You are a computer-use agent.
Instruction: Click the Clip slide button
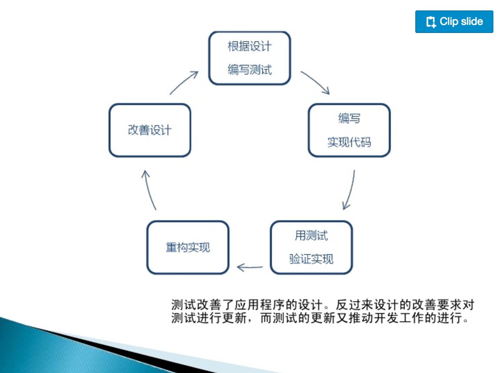pyautogui.click(x=454, y=21)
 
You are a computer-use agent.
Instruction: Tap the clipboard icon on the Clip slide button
pyautogui.click(x=431, y=22)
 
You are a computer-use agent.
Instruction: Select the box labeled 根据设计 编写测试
pyautogui.click(x=249, y=58)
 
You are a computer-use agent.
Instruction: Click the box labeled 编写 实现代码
pyautogui.click(x=349, y=130)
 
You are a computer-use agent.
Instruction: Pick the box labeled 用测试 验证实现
pyautogui.click(x=311, y=248)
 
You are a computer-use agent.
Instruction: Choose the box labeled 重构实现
pyautogui.click(x=188, y=248)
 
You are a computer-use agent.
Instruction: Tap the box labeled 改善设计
pyautogui.click(x=150, y=130)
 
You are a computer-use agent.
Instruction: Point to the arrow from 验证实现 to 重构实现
pyautogui.click(x=250, y=267)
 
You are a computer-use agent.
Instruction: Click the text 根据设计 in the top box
pyautogui.click(x=249, y=46)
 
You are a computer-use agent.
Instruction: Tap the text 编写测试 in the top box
pyautogui.click(x=249, y=69)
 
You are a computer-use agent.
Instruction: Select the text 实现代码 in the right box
pyautogui.click(x=349, y=142)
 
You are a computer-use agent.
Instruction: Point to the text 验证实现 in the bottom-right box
pyautogui.click(x=311, y=259)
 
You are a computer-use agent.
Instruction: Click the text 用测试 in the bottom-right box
pyautogui.click(x=311, y=236)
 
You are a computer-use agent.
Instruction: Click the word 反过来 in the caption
pyautogui.click(x=355, y=305)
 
